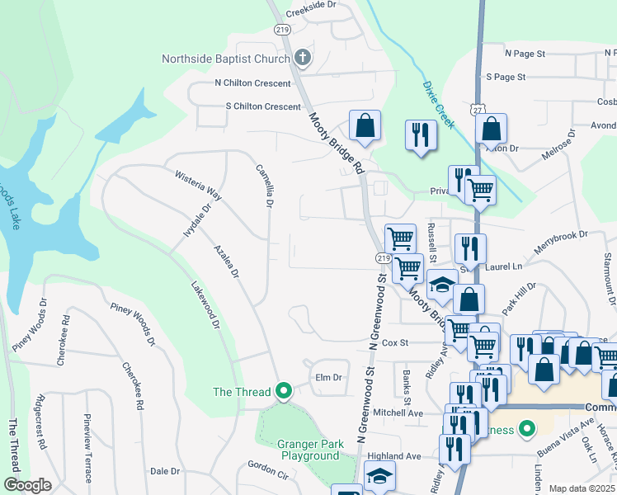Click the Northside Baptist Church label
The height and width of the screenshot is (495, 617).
(225, 59)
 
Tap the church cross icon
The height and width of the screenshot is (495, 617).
(302, 58)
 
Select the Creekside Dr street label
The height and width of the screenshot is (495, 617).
(312, 14)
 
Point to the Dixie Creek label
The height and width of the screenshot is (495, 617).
(437, 104)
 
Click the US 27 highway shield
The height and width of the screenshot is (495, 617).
(479, 110)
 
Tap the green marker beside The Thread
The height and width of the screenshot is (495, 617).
(285, 390)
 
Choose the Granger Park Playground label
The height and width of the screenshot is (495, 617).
(311, 450)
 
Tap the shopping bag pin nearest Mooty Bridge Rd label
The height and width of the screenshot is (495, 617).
(365, 126)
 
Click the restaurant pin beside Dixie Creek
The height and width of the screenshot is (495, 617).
(421, 134)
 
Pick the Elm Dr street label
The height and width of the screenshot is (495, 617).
(328, 377)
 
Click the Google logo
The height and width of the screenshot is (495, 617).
(27, 485)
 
